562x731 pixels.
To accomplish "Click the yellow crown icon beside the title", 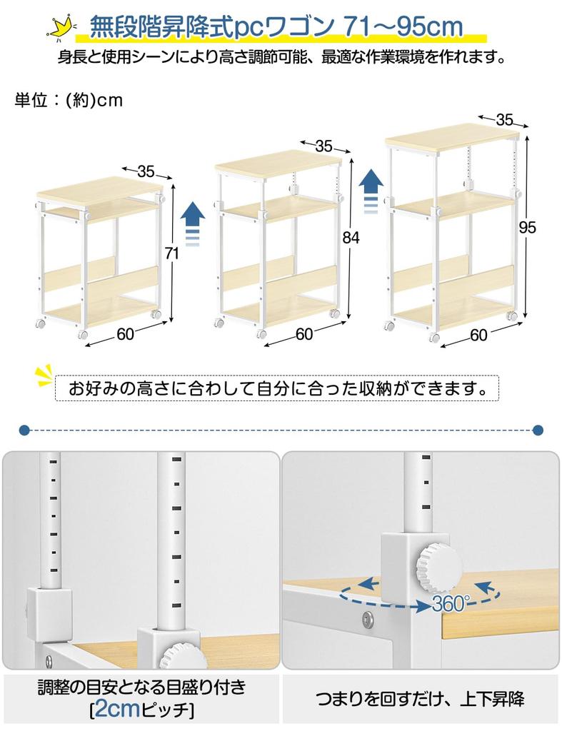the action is (61, 29).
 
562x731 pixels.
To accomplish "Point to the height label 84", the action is (351, 238).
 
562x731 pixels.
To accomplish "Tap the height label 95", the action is (528, 227).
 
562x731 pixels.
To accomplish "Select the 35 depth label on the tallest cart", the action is (504, 120).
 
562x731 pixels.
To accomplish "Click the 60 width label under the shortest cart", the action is (126, 334).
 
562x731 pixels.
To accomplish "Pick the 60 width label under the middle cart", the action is (304, 334).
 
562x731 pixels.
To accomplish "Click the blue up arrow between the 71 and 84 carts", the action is (193, 224).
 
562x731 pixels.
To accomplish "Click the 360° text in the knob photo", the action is (450, 604).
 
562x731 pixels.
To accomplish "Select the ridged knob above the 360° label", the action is (438, 563).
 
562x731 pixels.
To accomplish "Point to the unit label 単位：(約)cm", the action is (69, 100).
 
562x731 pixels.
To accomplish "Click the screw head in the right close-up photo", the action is (368, 619).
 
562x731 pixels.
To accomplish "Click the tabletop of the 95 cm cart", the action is (451, 136).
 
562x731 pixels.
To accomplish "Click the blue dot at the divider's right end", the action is (538, 430).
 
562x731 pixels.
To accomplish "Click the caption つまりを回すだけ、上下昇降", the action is (420, 699).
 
